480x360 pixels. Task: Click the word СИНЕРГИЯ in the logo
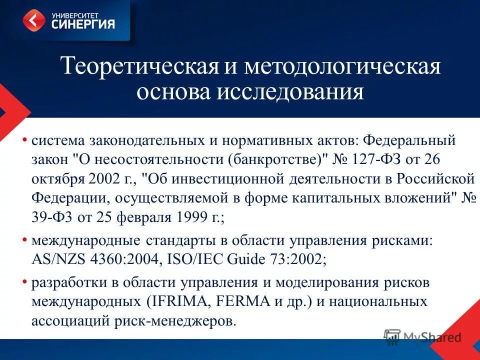(x=83, y=23)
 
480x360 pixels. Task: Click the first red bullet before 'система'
(x=24, y=140)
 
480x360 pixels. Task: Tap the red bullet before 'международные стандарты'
(x=24, y=240)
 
